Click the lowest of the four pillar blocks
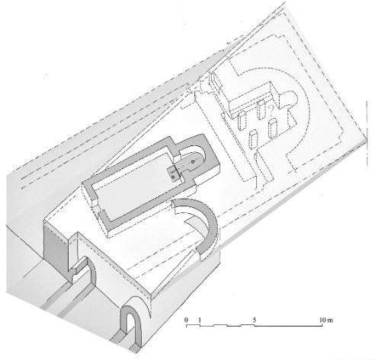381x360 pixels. (x=255, y=138)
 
